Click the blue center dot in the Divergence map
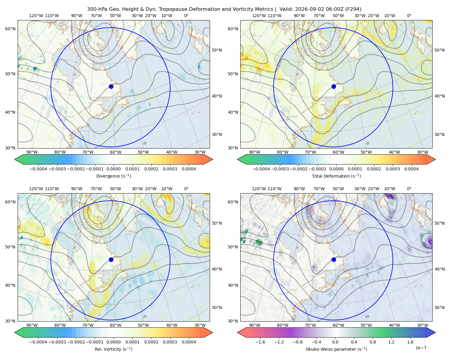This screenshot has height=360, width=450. tap(111, 86)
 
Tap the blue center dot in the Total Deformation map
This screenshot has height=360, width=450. tap(334, 86)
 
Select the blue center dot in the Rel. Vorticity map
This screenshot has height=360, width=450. tap(111, 259)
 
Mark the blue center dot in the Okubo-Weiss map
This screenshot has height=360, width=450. tap(334, 259)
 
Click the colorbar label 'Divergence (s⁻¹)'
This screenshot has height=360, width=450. tap(113, 176)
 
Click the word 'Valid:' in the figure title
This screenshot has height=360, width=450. tap(286, 9)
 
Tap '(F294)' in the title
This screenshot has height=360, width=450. tap(353, 9)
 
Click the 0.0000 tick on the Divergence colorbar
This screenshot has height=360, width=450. tap(113, 169)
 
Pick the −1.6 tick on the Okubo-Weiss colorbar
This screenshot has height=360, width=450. tap(260, 342)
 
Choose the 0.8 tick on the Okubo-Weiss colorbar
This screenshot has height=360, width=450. tap(373, 342)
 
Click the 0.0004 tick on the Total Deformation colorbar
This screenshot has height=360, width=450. tap(412, 169)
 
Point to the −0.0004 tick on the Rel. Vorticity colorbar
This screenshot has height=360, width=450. tap(38, 342)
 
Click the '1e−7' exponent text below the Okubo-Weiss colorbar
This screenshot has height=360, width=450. tap(421, 348)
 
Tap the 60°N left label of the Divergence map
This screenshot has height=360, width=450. tap(10, 29)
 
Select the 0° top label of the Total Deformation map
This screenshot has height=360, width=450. tap(409, 16)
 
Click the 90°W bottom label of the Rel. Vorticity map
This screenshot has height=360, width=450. tap(32, 325)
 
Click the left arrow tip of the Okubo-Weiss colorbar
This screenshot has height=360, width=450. tap(237, 332)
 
